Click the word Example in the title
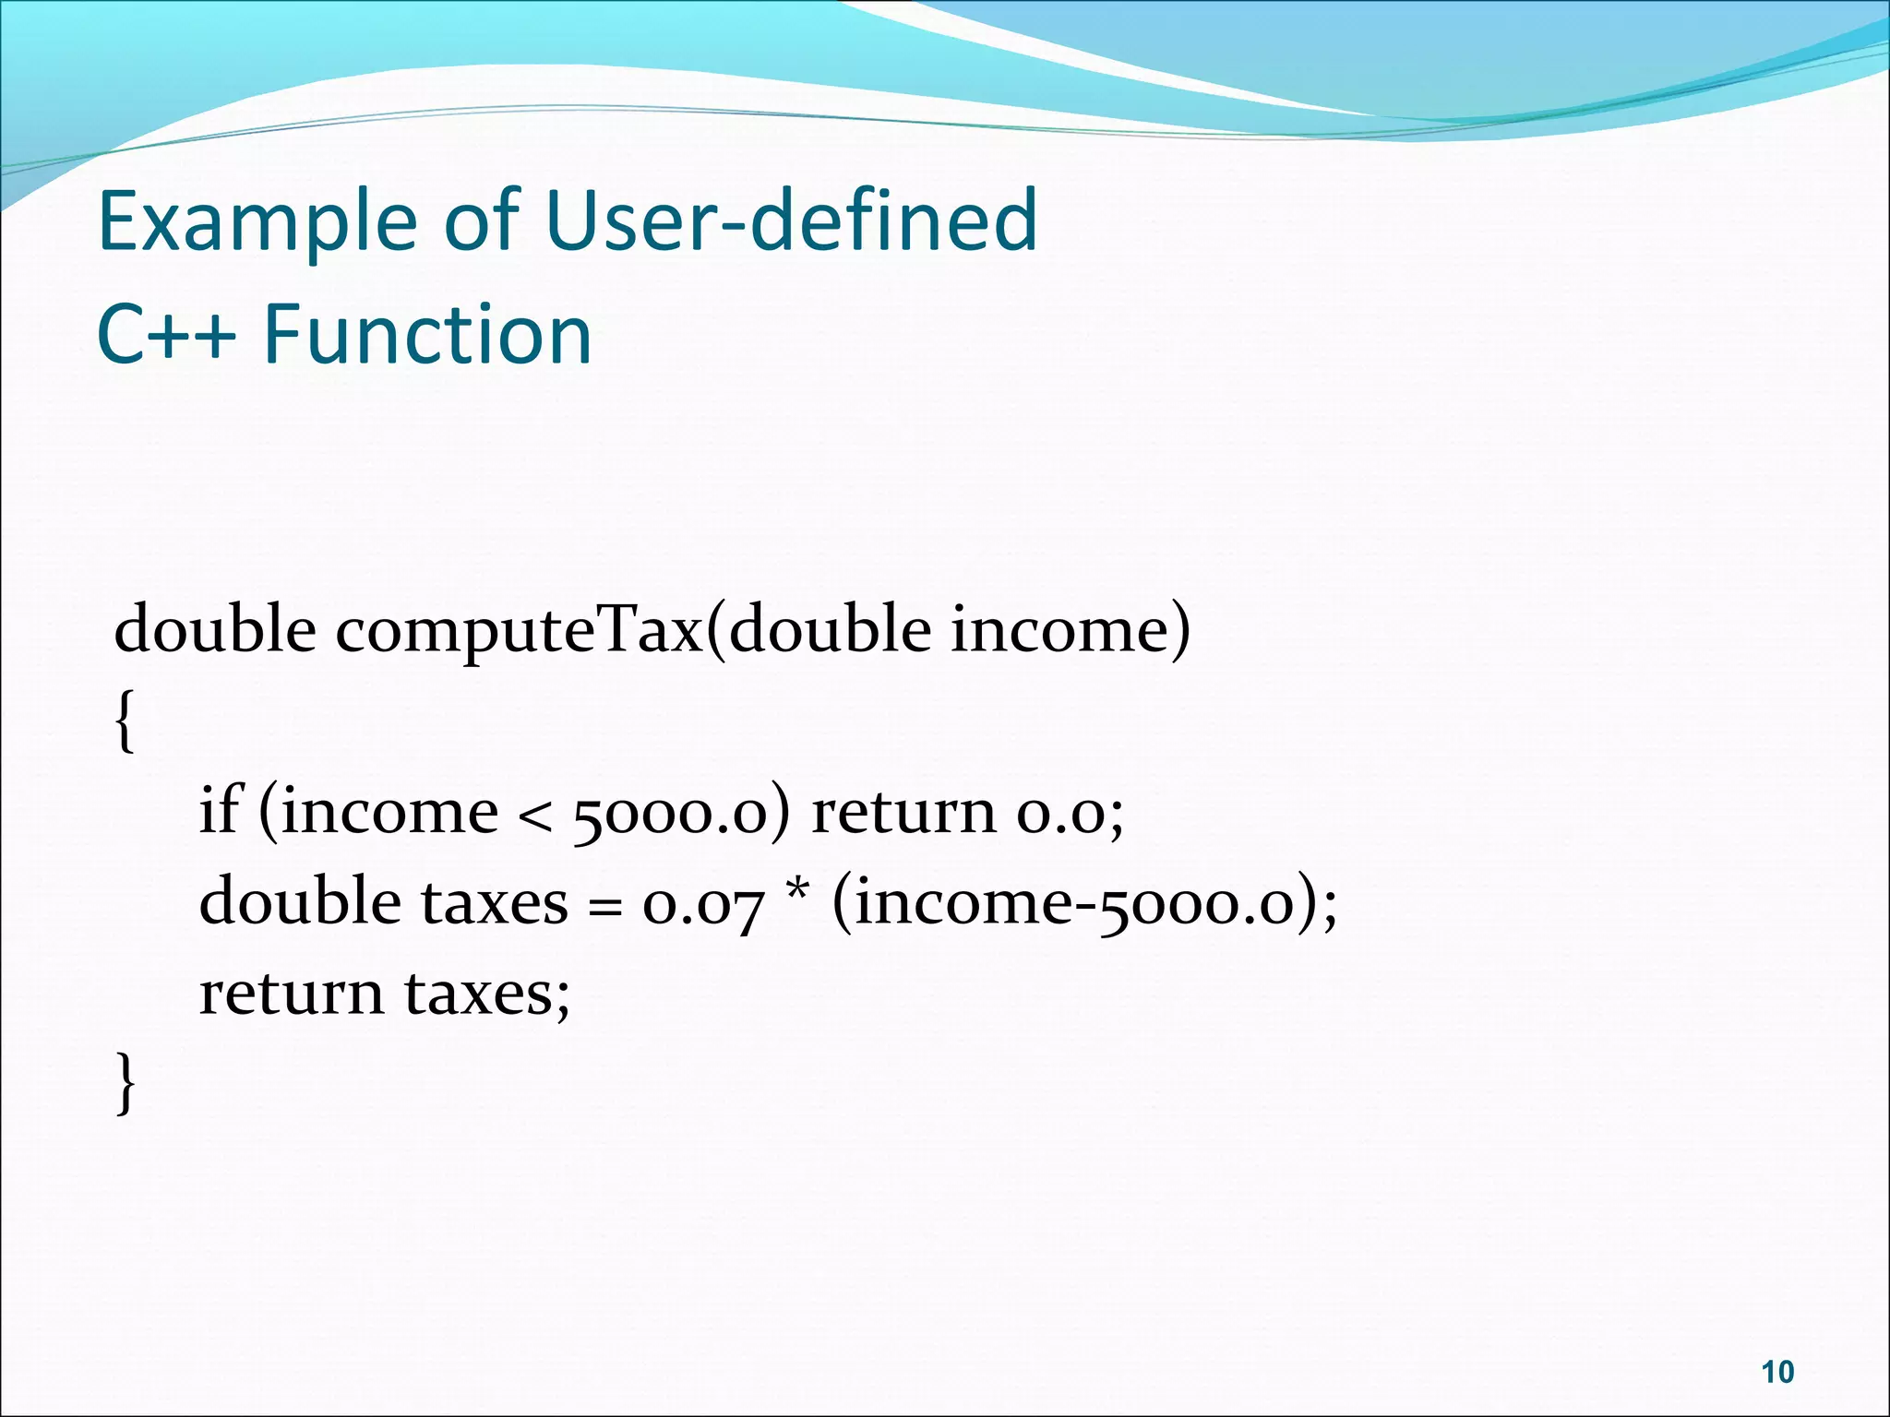pos(257,221)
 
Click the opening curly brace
pos(126,723)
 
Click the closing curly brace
pos(126,1083)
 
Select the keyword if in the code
pos(220,811)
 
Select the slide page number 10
pos(1777,1372)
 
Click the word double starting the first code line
pos(215,631)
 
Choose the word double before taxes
pos(300,901)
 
